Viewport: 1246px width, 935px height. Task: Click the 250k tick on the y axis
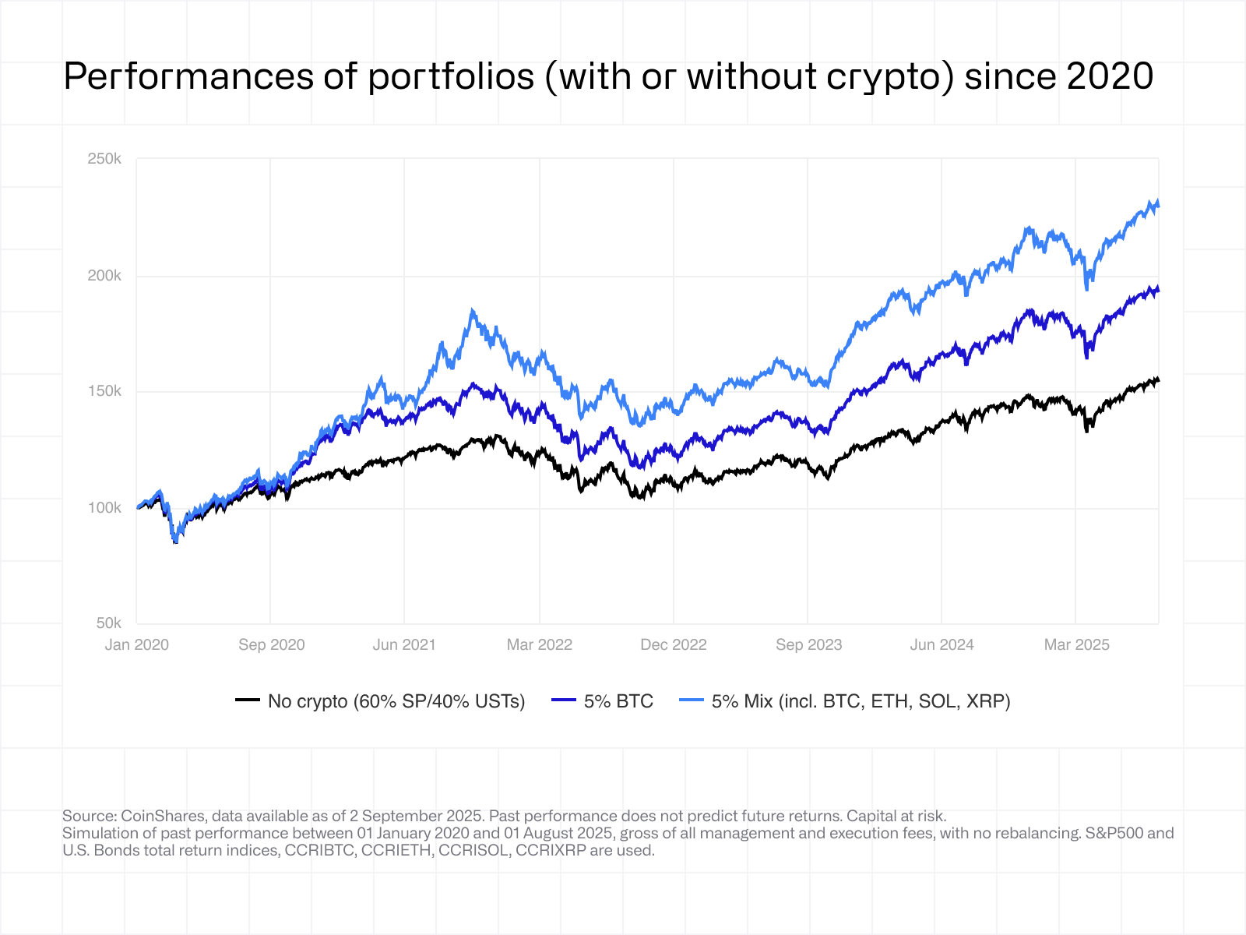[x=104, y=159]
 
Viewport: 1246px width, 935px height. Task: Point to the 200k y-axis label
[x=104, y=276]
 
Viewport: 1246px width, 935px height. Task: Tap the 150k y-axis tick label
[x=104, y=391]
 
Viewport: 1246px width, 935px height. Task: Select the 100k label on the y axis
[x=104, y=508]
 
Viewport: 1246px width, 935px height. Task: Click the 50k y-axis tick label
[x=109, y=623]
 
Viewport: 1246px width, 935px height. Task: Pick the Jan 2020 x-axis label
[x=137, y=645]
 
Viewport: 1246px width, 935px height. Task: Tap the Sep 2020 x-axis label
[x=271, y=645]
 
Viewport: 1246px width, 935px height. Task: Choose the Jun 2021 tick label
[x=404, y=645]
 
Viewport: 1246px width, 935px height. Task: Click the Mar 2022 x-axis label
[x=539, y=645]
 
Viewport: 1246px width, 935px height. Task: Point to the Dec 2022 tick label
[x=673, y=645]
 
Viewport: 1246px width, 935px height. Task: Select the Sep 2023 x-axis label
[x=808, y=645]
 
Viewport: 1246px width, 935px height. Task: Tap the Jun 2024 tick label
[x=942, y=645]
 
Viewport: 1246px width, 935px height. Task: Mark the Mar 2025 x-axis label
[x=1076, y=645]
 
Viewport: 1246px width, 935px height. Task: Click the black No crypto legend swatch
[x=248, y=700]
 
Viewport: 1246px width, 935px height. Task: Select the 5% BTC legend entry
[x=618, y=701]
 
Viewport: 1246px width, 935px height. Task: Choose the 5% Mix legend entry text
[x=861, y=701]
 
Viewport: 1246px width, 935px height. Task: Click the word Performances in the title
[x=189, y=77]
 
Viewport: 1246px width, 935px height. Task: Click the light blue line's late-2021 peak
[x=472, y=311]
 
